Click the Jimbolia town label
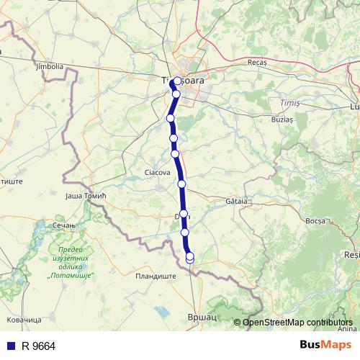tap(49, 66)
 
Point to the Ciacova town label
tap(158, 173)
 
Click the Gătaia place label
tap(235, 201)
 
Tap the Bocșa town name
tap(316, 220)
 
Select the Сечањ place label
tap(64, 225)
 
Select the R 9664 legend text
tap(38, 346)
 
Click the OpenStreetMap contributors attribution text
tap(297, 322)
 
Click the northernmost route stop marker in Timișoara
tap(178, 81)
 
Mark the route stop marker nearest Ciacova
tap(175, 153)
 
